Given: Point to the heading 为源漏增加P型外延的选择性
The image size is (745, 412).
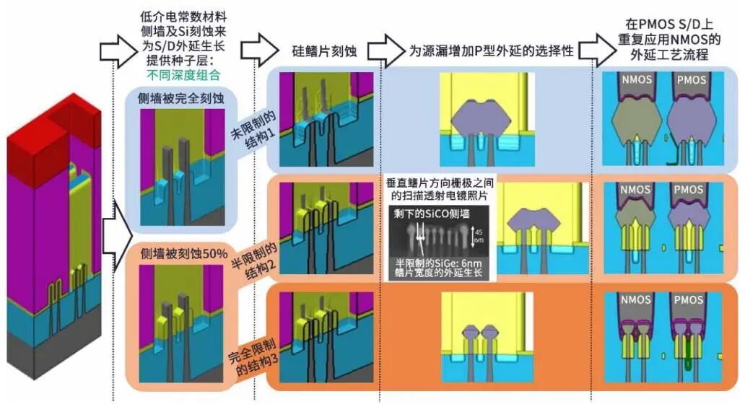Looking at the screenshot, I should [491, 51].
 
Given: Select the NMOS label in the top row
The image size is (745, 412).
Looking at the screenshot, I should [635, 79].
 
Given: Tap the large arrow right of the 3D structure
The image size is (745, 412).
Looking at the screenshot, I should [116, 232].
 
